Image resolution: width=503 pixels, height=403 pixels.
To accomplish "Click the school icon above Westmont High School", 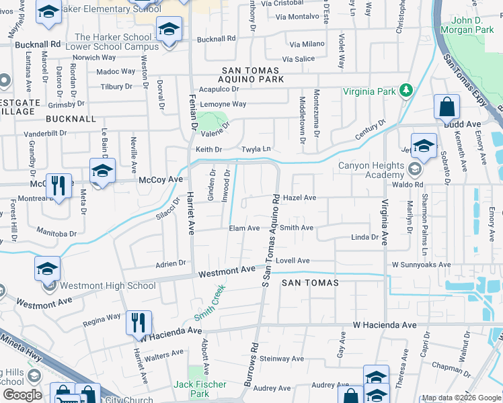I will [47, 269].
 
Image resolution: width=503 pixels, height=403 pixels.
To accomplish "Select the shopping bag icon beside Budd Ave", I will [447, 107].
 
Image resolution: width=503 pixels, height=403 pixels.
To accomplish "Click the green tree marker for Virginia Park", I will [405, 91].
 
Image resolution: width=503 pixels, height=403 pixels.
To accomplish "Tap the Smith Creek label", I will [209, 303].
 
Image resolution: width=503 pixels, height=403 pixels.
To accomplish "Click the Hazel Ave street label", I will [299, 198].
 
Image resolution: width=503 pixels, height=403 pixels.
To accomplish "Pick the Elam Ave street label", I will [244, 228].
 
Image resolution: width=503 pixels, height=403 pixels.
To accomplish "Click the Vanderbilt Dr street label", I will [46, 133].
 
